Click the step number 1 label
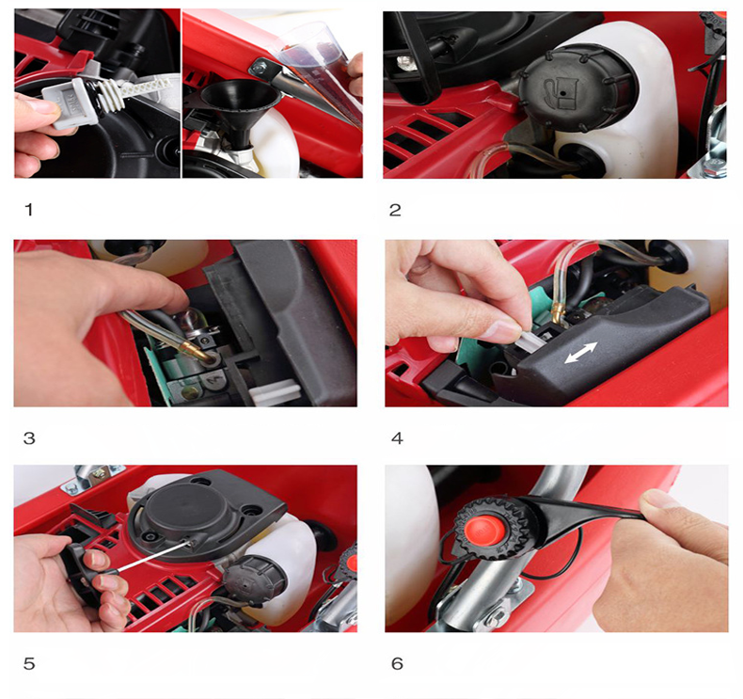click(29, 210)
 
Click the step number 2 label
click(395, 210)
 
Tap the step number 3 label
click(29, 438)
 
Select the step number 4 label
click(397, 438)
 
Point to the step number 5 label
click(29, 663)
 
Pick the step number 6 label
click(397, 663)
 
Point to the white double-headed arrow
click(581, 353)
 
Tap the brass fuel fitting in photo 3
click(196, 349)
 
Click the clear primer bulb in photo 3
click(187, 321)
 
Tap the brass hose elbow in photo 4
click(559, 310)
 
